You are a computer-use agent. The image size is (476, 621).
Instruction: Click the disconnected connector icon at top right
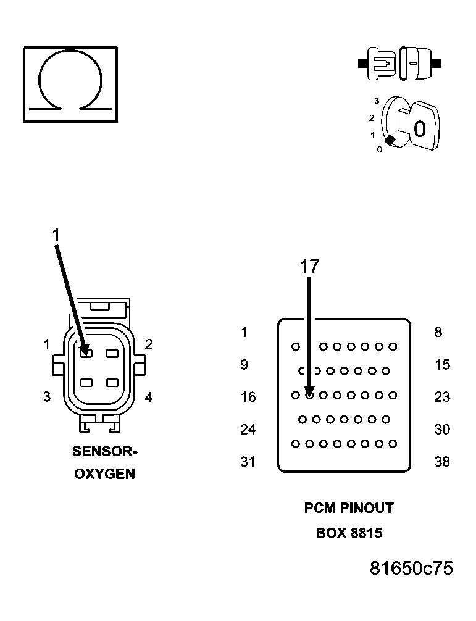(399, 64)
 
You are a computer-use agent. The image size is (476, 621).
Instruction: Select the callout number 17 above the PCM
(309, 266)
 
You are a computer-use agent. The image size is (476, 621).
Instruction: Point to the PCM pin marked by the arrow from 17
(309, 394)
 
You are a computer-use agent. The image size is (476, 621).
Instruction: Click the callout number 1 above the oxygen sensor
(56, 235)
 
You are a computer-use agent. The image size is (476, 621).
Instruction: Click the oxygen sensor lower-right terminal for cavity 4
(112, 383)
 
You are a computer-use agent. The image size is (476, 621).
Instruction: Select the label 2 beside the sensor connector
(149, 344)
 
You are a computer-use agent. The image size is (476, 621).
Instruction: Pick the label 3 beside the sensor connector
(46, 397)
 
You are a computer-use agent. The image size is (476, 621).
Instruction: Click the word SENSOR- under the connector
(104, 451)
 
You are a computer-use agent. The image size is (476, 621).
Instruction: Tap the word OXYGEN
(104, 475)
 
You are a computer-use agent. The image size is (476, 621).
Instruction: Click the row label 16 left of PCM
(248, 397)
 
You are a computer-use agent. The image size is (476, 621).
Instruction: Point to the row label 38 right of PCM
(442, 462)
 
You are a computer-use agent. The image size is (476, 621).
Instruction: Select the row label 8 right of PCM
(438, 333)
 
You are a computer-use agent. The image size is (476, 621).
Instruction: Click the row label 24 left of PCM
(248, 429)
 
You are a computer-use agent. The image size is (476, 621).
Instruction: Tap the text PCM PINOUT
(349, 508)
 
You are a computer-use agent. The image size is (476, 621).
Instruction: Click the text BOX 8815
(349, 533)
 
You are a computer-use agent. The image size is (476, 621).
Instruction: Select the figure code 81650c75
(411, 568)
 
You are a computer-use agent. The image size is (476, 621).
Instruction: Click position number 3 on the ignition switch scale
(376, 100)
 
